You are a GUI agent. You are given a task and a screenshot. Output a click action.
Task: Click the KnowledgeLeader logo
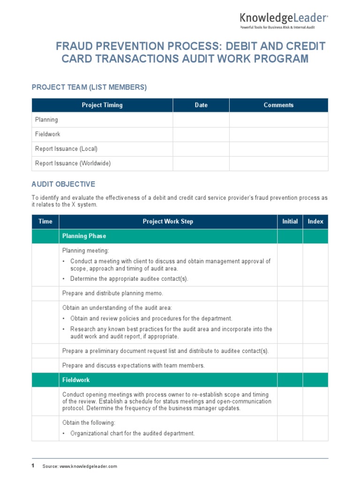pos(284,20)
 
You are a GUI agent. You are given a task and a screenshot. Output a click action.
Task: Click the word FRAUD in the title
pos(75,46)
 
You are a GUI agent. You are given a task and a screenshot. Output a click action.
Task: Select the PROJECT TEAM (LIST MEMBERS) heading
pos(89,87)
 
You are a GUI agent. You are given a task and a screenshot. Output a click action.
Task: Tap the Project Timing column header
pos(102,105)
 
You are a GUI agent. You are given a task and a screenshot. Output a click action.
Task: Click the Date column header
pos(201,105)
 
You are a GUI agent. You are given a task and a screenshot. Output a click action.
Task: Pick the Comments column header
pos(278,105)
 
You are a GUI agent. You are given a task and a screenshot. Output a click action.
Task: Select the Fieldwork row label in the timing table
pos(48,134)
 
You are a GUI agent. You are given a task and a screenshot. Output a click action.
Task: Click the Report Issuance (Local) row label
pos(66,149)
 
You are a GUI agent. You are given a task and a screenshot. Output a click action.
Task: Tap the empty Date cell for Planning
pos(201,120)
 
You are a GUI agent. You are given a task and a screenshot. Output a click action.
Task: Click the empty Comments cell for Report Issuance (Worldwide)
pos(278,163)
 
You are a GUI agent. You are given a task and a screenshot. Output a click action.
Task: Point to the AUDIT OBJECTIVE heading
pos(63,184)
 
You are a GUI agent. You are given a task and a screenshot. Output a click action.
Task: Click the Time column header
pos(45,221)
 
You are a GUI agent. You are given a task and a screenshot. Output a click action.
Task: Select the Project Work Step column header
pos(168,221)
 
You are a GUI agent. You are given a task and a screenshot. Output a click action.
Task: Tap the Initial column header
pos(290,221)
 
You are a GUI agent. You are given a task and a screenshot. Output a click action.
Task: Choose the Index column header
pos(315,221)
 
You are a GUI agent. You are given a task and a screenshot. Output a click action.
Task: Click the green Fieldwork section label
pos(76,380)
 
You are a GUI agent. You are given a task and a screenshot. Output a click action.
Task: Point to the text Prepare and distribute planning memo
pos(112,293)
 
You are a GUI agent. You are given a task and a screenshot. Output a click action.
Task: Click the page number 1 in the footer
pos(33,465)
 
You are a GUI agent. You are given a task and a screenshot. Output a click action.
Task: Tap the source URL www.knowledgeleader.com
pos(88,466)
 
